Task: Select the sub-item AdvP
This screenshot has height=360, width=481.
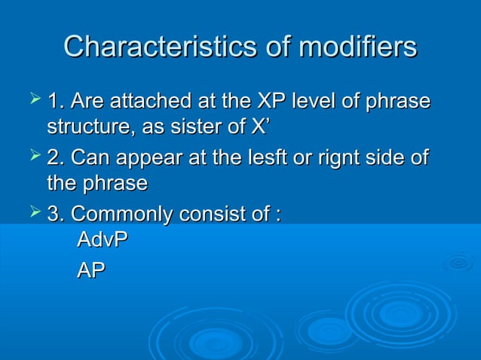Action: pos(103,242)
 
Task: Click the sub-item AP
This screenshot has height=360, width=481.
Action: pos(91,270)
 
